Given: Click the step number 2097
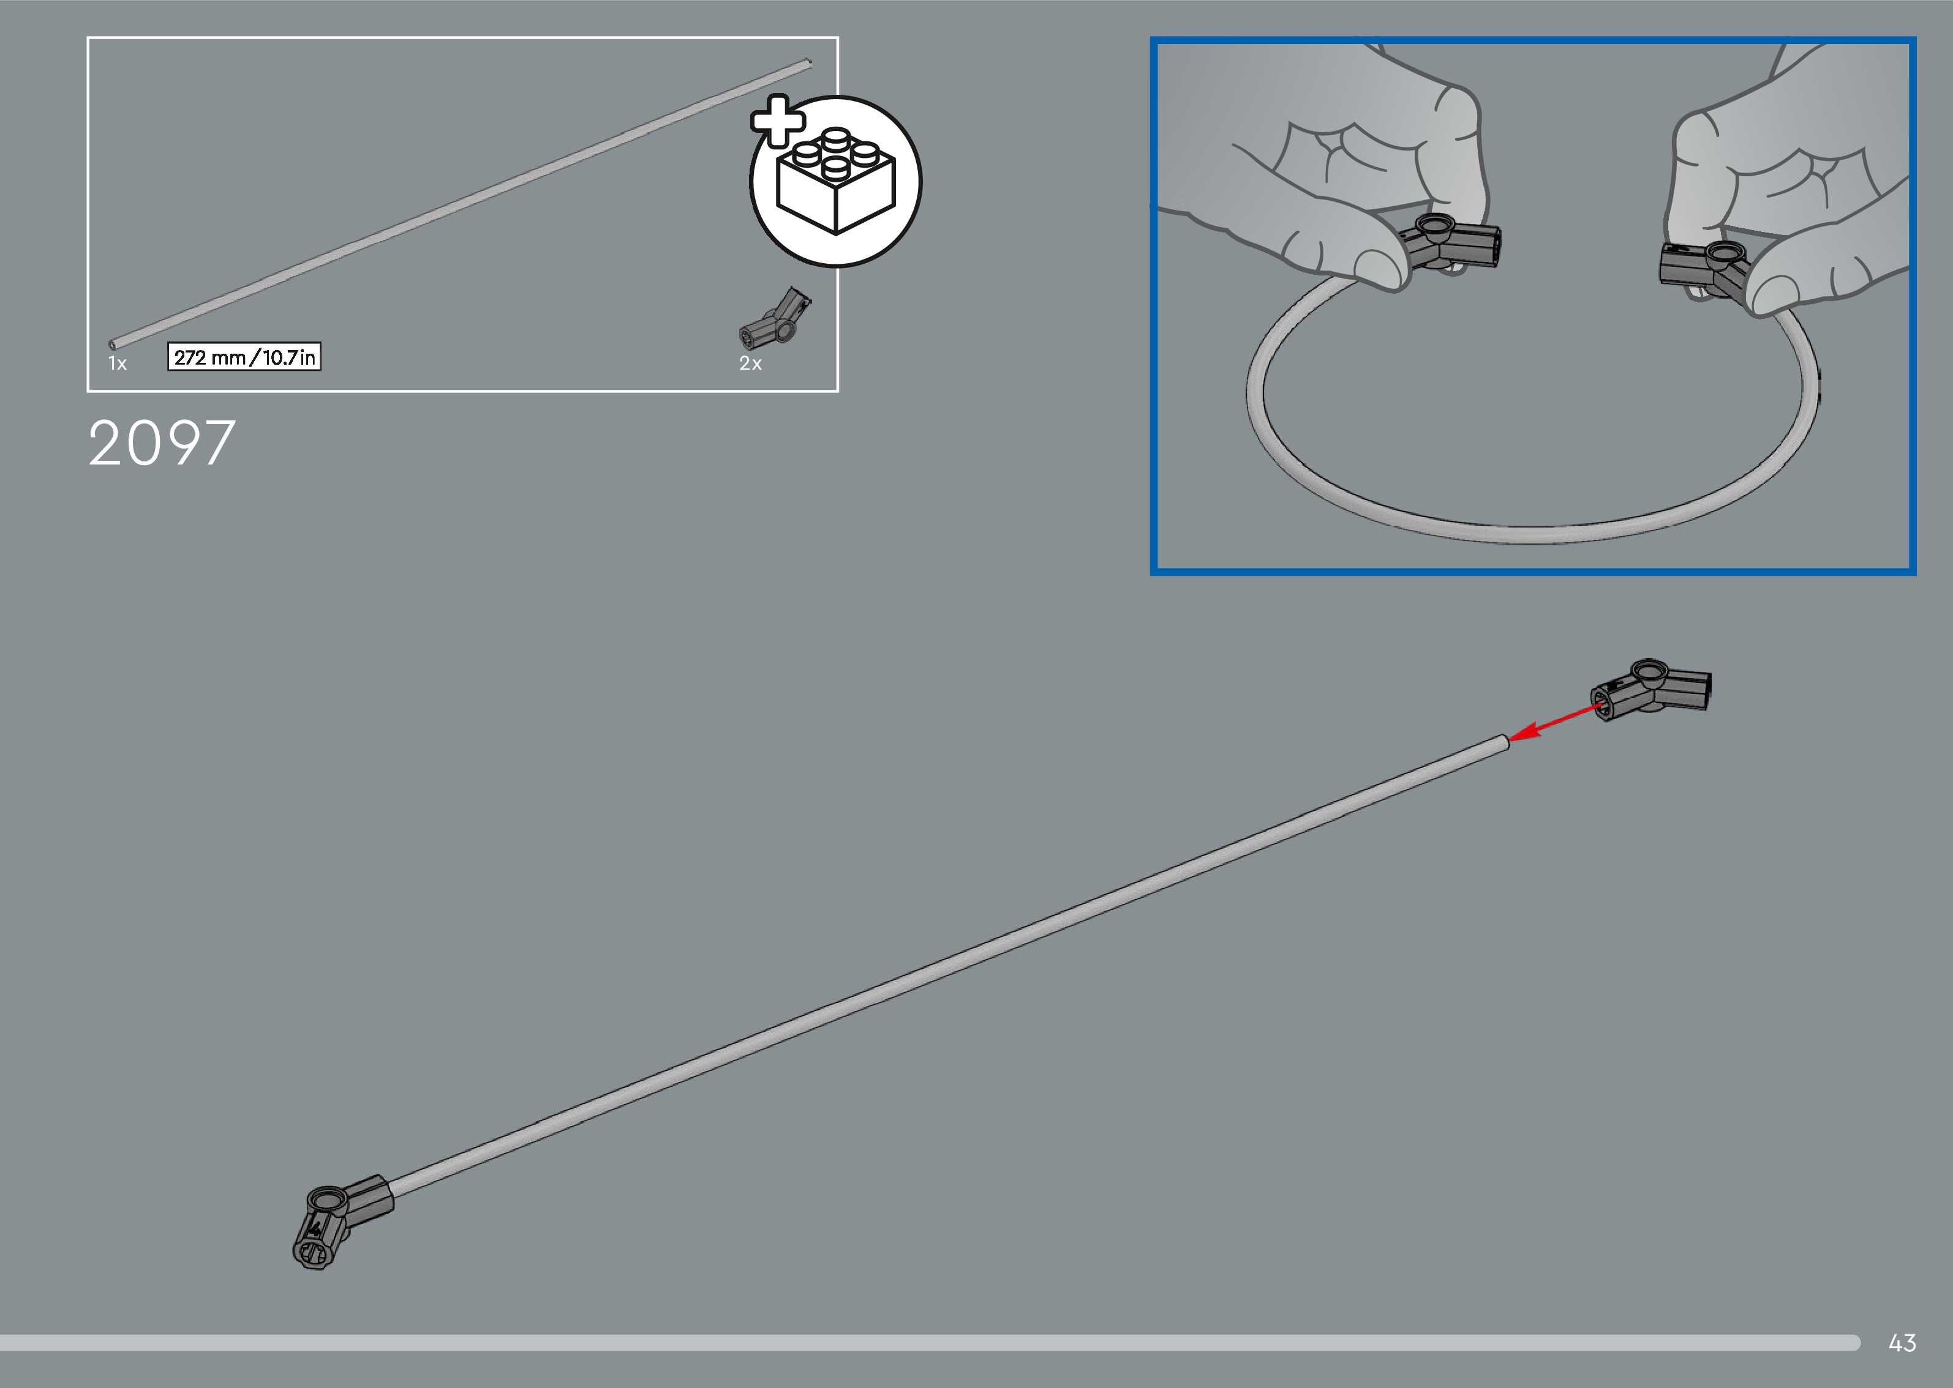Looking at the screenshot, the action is [162, 444].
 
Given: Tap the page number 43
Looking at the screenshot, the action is [1902, 1343].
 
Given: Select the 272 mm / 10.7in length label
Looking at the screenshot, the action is [244, 357].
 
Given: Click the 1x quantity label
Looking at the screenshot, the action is [117, 364].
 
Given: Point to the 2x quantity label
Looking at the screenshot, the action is [750, 364].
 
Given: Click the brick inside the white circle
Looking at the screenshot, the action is [835, 181].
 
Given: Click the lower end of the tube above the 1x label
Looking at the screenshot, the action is [115, 343].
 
